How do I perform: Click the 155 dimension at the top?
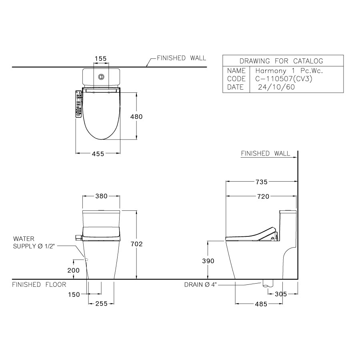click(x=100, y=59)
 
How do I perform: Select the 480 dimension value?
click(x=136, y=116)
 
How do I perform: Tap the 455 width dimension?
click(x=98, y=154)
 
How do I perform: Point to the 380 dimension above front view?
click(x=102, y=196)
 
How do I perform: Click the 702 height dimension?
click(x=136, y=244)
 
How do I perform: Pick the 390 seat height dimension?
click(x=208, y=261)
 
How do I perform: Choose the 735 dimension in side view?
click(x=262, y=181)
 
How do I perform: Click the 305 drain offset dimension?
click(x=282, y=294)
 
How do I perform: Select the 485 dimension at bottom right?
click(x=260, y=304)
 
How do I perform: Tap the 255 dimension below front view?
click(x=101, y=304)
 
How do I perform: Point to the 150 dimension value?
click(x=74, y=294)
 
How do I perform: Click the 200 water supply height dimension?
click(x=73, y=270)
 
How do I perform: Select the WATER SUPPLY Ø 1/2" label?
click(x=34, y=242)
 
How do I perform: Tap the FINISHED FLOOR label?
click(x=39, y=284)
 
